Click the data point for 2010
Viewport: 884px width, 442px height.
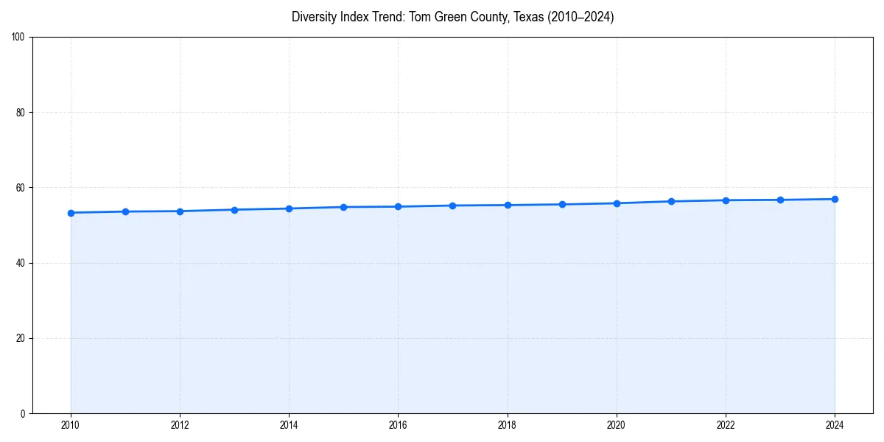(x=71, y=213)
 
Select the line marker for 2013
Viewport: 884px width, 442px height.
(x=234, y=210)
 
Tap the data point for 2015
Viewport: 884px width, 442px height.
(x=343, y=207)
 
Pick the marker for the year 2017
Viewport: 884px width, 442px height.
(x=452, y=206)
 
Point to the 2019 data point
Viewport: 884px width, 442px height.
(x=562, y=204)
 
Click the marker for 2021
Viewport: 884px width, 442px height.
(x=671, y=201)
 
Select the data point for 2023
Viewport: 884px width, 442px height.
(x=780, y=200)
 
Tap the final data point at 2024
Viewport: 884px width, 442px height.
(x=835, y=199)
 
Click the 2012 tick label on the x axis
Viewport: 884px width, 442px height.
(x=180, y=425)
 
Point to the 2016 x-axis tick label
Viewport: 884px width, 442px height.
(x=398, y=425)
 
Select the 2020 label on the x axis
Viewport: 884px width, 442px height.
(x=617, y=425)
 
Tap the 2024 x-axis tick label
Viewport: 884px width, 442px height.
(x=835, y=425)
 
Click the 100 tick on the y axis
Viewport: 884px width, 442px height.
(x=19, y=38)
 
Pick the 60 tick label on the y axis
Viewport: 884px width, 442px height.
(x=21, y=188)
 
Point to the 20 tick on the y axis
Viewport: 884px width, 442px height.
(x=21, y=338)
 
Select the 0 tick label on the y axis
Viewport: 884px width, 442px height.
(x=24, y=413)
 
